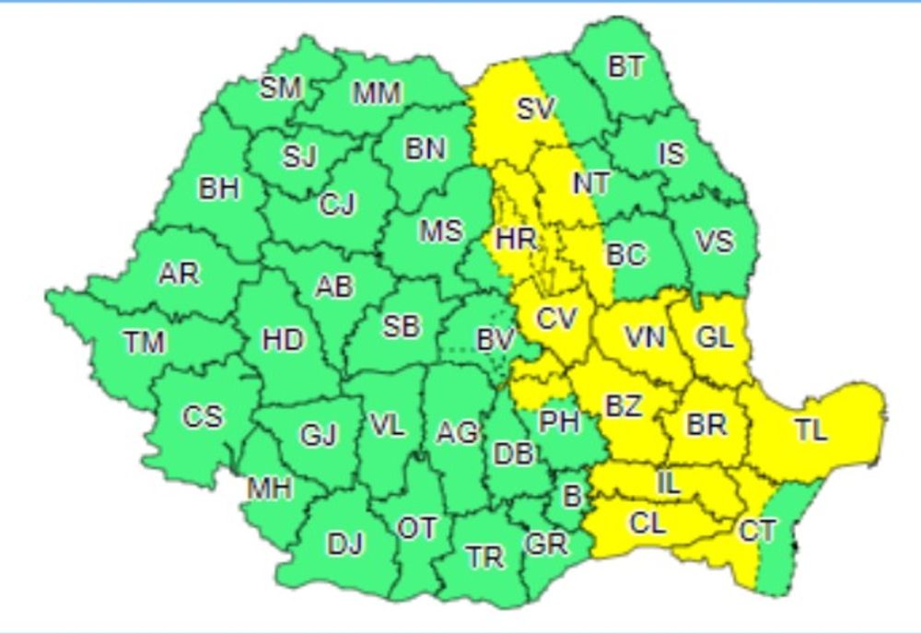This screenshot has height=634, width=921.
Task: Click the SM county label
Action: tap(281, 88)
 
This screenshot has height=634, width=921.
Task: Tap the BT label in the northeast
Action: tap(626, 67)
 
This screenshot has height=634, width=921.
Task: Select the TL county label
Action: tap(810, 429)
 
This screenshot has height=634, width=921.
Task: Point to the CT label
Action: tap(757, 531)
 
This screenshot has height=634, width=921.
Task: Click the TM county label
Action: tap(144, 343)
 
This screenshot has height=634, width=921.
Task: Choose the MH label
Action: tap(269, 487)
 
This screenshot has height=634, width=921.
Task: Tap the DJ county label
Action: tap(345, 545)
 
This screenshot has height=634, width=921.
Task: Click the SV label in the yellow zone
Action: tap(535, 109)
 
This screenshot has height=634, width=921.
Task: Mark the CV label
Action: tap(556, 320)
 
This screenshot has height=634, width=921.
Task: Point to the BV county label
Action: tap(495, 340)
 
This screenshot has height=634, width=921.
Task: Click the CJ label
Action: tap(337, 205)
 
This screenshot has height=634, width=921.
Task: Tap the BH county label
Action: tap(218, 189)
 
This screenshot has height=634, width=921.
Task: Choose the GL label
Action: tap(715, 337)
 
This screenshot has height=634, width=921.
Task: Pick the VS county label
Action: tap(715, 241)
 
